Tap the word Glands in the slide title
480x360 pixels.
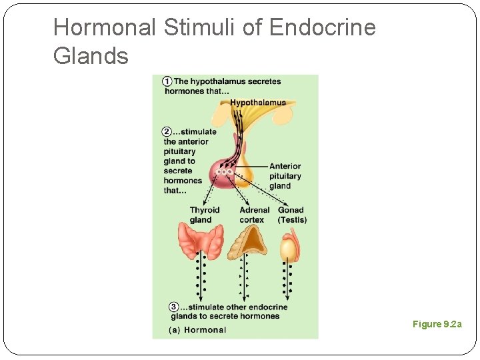(x=91, y=56)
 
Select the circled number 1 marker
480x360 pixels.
(x=167, y=81)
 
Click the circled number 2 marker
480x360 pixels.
(x=167, y=131)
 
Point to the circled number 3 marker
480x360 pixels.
(x=174, y=307)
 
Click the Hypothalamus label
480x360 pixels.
(x=258, y=103)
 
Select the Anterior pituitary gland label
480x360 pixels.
(x=285, y=176)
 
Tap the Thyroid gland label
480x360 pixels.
(x=204, y=215)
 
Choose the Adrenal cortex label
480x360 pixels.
(x=254, y=215)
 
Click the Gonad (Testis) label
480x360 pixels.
(x=292, y=215)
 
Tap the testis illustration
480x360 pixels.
(x=287, y=247)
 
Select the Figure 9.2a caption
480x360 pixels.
(x=437, y=324)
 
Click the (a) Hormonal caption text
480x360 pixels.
(x=197, y=329)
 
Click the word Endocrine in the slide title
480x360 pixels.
(x=323, y=28)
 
